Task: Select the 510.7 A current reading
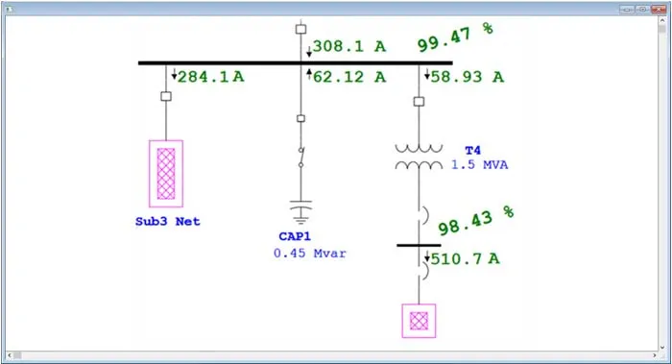tap(467, 258)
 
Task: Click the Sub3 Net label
tap(167, 222)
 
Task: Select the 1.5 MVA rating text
tap(480, 165)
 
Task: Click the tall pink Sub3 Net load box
tap(167, 173)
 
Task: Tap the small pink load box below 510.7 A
tap(419, 321)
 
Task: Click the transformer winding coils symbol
tap(419, 157)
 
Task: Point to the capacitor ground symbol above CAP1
tap(301, 209)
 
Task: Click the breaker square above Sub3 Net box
tap(166, 97)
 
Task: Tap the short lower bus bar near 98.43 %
tap(419, 245)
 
